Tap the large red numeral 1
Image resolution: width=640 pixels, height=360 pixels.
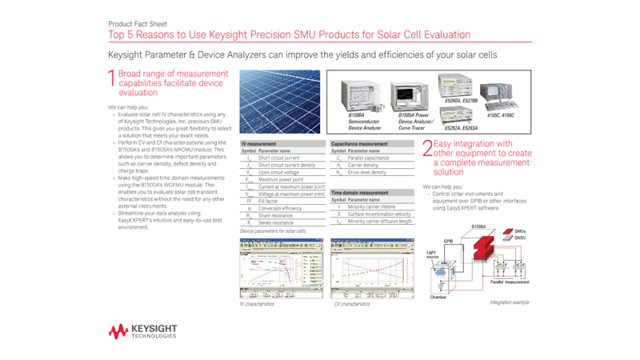tap(111, 78)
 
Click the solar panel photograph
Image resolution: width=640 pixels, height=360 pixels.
tap(282, 102)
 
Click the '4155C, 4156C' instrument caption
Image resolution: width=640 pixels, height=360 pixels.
tap(500, 115)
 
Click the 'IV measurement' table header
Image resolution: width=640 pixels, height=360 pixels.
tap(259, 144)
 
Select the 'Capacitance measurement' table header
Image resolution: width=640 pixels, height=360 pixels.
tap(359, 144)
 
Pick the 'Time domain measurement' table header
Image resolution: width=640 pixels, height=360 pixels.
tap(360, 193)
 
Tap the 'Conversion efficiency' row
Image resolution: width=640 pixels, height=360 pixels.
tap(280, 208)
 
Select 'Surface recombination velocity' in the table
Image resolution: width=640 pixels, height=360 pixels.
tap(379, 214)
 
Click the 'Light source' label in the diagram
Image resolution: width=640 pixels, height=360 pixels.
tap(432, 254)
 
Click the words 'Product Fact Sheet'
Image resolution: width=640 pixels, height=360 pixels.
tap(138, 24)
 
